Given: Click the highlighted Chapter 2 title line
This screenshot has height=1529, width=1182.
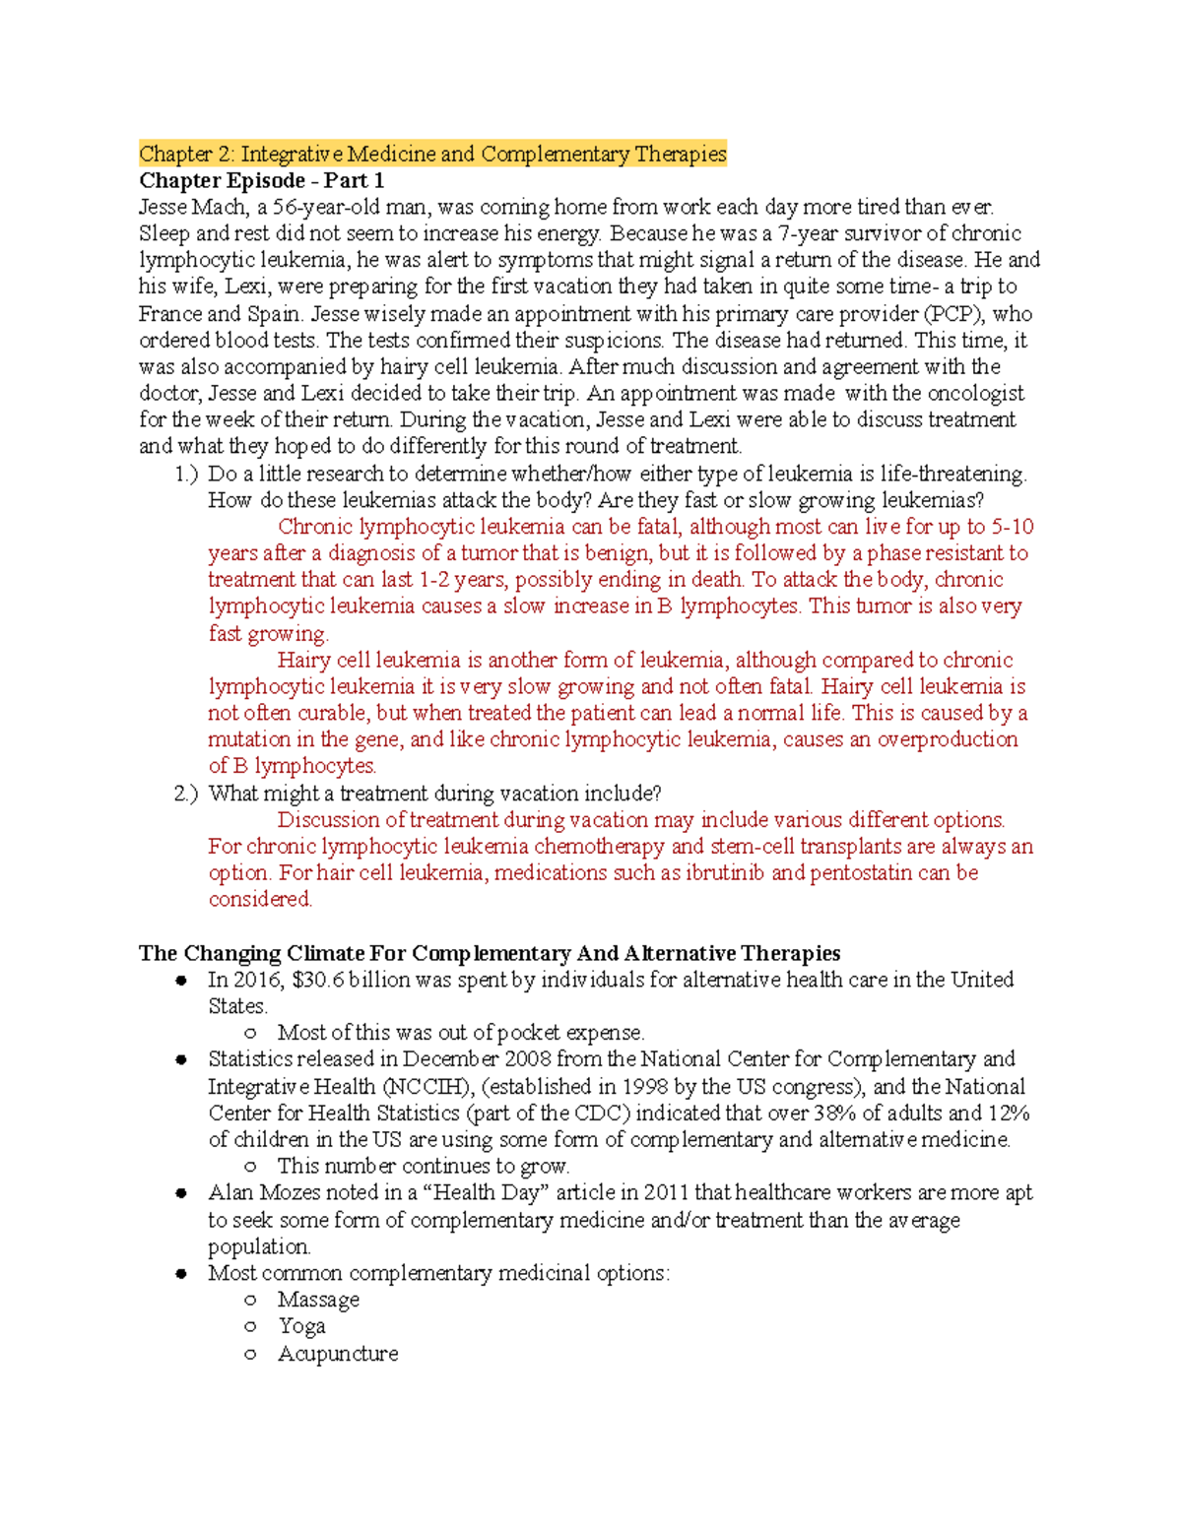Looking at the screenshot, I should coord(432,154).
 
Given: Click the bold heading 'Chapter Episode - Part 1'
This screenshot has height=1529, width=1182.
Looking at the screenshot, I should coord(261,180).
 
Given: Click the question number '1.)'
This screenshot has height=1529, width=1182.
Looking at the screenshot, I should coord(186,474).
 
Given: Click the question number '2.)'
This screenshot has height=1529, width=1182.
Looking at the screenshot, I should coord(186,794).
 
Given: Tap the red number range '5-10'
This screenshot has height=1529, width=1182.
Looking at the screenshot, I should coord(1012,527).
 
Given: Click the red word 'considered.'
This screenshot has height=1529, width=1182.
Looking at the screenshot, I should coord(260,900).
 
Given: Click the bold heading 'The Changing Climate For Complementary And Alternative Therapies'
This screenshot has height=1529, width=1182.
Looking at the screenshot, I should coord(490,953).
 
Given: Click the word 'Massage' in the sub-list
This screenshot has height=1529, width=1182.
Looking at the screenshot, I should coord(318,1300).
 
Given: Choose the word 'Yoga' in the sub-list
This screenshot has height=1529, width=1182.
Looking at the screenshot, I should coord(301,1326).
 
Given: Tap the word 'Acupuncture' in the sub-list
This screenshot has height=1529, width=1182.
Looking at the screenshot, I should coord(338,1354).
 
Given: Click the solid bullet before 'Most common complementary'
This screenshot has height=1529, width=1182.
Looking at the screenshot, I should coord(181,1274).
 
